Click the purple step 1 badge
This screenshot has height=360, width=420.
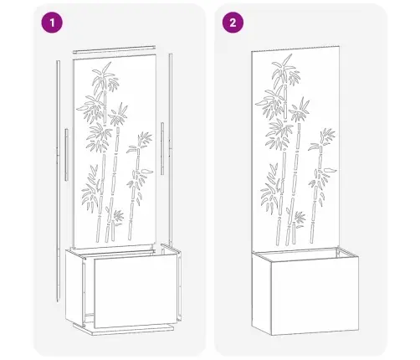[52, 23]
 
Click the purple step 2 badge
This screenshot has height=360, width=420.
[233, 23]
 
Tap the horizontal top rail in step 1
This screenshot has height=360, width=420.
[114, 49]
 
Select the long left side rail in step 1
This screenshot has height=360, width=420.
[58, 181]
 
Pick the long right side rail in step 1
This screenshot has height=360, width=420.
[171, 148]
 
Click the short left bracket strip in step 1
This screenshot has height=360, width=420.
[66, 155]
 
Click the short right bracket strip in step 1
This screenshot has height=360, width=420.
[162, 148]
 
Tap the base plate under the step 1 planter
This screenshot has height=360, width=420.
[123, 330]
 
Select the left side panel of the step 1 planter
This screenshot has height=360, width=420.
[74, 287]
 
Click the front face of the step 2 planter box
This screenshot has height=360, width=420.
[315, 296]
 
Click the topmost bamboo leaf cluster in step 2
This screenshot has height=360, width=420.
[285, 69]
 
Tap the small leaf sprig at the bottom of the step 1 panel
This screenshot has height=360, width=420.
[118, 216]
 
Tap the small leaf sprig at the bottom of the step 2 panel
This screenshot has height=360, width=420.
[300, 218]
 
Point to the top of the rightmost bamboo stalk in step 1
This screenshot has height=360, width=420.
[138, 152]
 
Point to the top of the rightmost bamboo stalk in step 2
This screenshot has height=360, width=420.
[320, 149]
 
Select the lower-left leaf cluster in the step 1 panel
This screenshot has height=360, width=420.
[91, 189]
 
